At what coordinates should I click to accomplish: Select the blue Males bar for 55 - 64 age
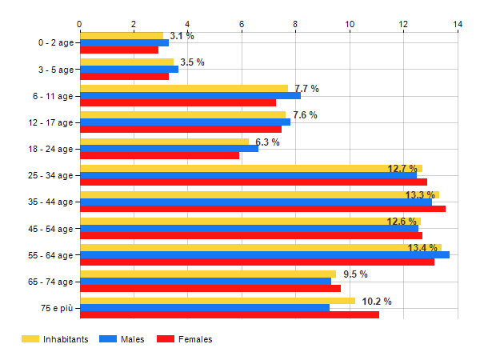264,254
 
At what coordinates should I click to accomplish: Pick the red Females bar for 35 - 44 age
262,208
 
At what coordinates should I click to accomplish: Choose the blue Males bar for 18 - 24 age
169,148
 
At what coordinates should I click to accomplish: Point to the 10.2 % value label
376,302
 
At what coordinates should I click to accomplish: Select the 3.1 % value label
182,36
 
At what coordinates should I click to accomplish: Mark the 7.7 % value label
306,89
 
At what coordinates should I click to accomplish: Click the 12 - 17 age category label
50,122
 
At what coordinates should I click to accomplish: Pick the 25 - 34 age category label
50,175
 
